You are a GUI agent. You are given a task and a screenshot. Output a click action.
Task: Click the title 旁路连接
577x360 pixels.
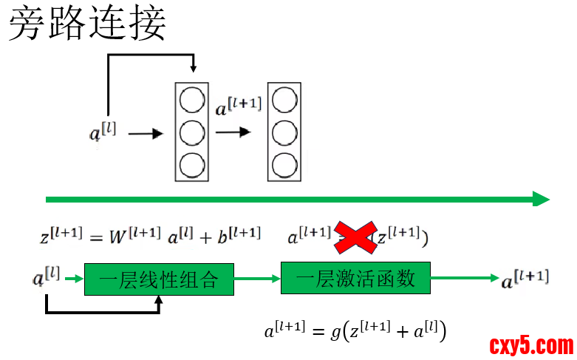(x=87, y=24)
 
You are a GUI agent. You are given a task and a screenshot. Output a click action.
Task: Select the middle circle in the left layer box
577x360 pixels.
(x=191, y=132)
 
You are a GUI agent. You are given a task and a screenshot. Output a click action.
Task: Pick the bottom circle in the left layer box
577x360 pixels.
(x=191, y=163)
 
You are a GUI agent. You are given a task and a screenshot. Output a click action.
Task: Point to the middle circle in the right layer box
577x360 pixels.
(x=284, y=132)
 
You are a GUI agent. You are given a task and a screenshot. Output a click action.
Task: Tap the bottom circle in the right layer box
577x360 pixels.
(x=284, y=163)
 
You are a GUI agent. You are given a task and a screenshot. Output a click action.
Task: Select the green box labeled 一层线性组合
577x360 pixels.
(x=159, y=279)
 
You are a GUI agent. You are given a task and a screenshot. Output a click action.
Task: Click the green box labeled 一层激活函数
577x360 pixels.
(x=355, y=279)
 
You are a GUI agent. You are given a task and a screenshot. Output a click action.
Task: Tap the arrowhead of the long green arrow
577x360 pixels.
(x=541, y=199)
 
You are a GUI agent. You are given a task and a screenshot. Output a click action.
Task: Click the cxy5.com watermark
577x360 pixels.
(x=531, y=345)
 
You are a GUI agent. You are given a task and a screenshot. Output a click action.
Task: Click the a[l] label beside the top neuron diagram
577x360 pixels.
(x=103, y=133)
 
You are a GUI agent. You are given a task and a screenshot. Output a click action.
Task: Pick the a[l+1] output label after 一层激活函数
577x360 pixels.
(x=525, y=279)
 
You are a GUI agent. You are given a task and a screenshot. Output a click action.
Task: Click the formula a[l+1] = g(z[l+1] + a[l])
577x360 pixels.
(x=355, y=330)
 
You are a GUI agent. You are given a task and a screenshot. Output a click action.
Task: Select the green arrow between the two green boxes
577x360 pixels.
(x=257, y=279)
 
